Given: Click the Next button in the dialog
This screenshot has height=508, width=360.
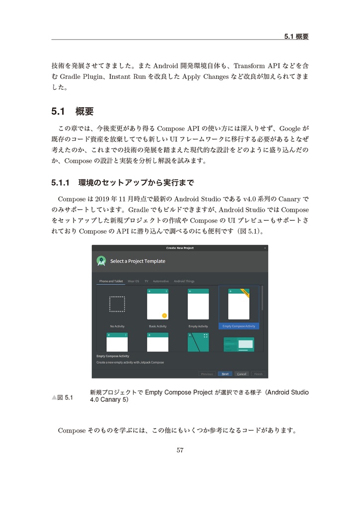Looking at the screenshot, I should tap(225, 374).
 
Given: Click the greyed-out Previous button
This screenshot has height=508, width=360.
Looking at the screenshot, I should tap(207, 374).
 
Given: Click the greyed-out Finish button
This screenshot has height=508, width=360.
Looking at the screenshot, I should tap(258, 374).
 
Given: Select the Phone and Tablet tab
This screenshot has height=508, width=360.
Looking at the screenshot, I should tap(111, 281).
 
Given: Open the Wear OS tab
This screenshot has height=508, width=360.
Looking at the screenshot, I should tap(134, 281).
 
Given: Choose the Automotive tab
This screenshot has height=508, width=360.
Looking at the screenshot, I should tap(161, 281).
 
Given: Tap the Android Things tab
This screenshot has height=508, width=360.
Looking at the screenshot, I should tap(184, 281).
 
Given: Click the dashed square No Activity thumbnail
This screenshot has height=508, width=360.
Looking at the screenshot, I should tap(117, 304).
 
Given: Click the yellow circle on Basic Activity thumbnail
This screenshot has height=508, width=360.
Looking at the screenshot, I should tap(164, 316).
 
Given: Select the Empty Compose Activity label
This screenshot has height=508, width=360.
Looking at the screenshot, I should tap(239, 326).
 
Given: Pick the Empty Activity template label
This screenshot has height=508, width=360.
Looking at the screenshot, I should tap(198, 326).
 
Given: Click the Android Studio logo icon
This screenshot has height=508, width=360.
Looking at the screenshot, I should tap(101, 261).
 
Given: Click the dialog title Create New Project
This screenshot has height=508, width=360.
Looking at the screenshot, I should tap(180, 248).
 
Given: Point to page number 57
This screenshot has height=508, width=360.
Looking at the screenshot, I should tap(180, 450).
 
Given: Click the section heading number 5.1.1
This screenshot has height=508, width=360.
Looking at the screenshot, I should tap(62, 183).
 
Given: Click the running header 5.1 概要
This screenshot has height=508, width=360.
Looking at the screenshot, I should tap(296, 36).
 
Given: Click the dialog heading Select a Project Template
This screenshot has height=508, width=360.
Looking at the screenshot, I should tap(138, 261).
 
